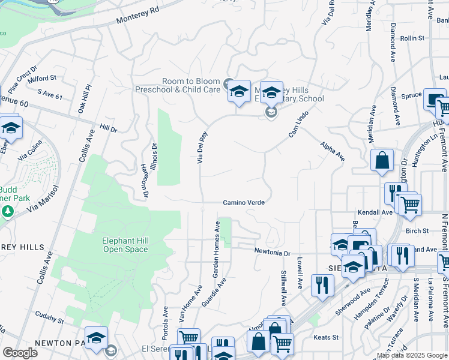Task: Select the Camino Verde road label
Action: pos(244,203)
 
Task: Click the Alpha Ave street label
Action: pos(332,151)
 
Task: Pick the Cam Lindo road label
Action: pos(298,124)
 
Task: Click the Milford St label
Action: pos(41,78)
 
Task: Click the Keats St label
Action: pos(327,337)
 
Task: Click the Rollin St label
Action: pos(412,38)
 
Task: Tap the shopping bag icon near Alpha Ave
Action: pos(382,161)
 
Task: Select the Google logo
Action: pos(20,352)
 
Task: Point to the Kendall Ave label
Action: pos(375,212)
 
